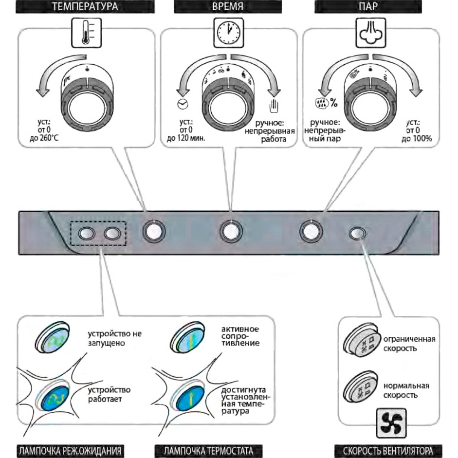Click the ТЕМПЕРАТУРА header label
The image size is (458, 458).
[85, 7]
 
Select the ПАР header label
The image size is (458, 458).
[369, 7]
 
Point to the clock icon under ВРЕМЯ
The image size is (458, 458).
[228, 33]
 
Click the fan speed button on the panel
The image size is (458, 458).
[357, 233]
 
